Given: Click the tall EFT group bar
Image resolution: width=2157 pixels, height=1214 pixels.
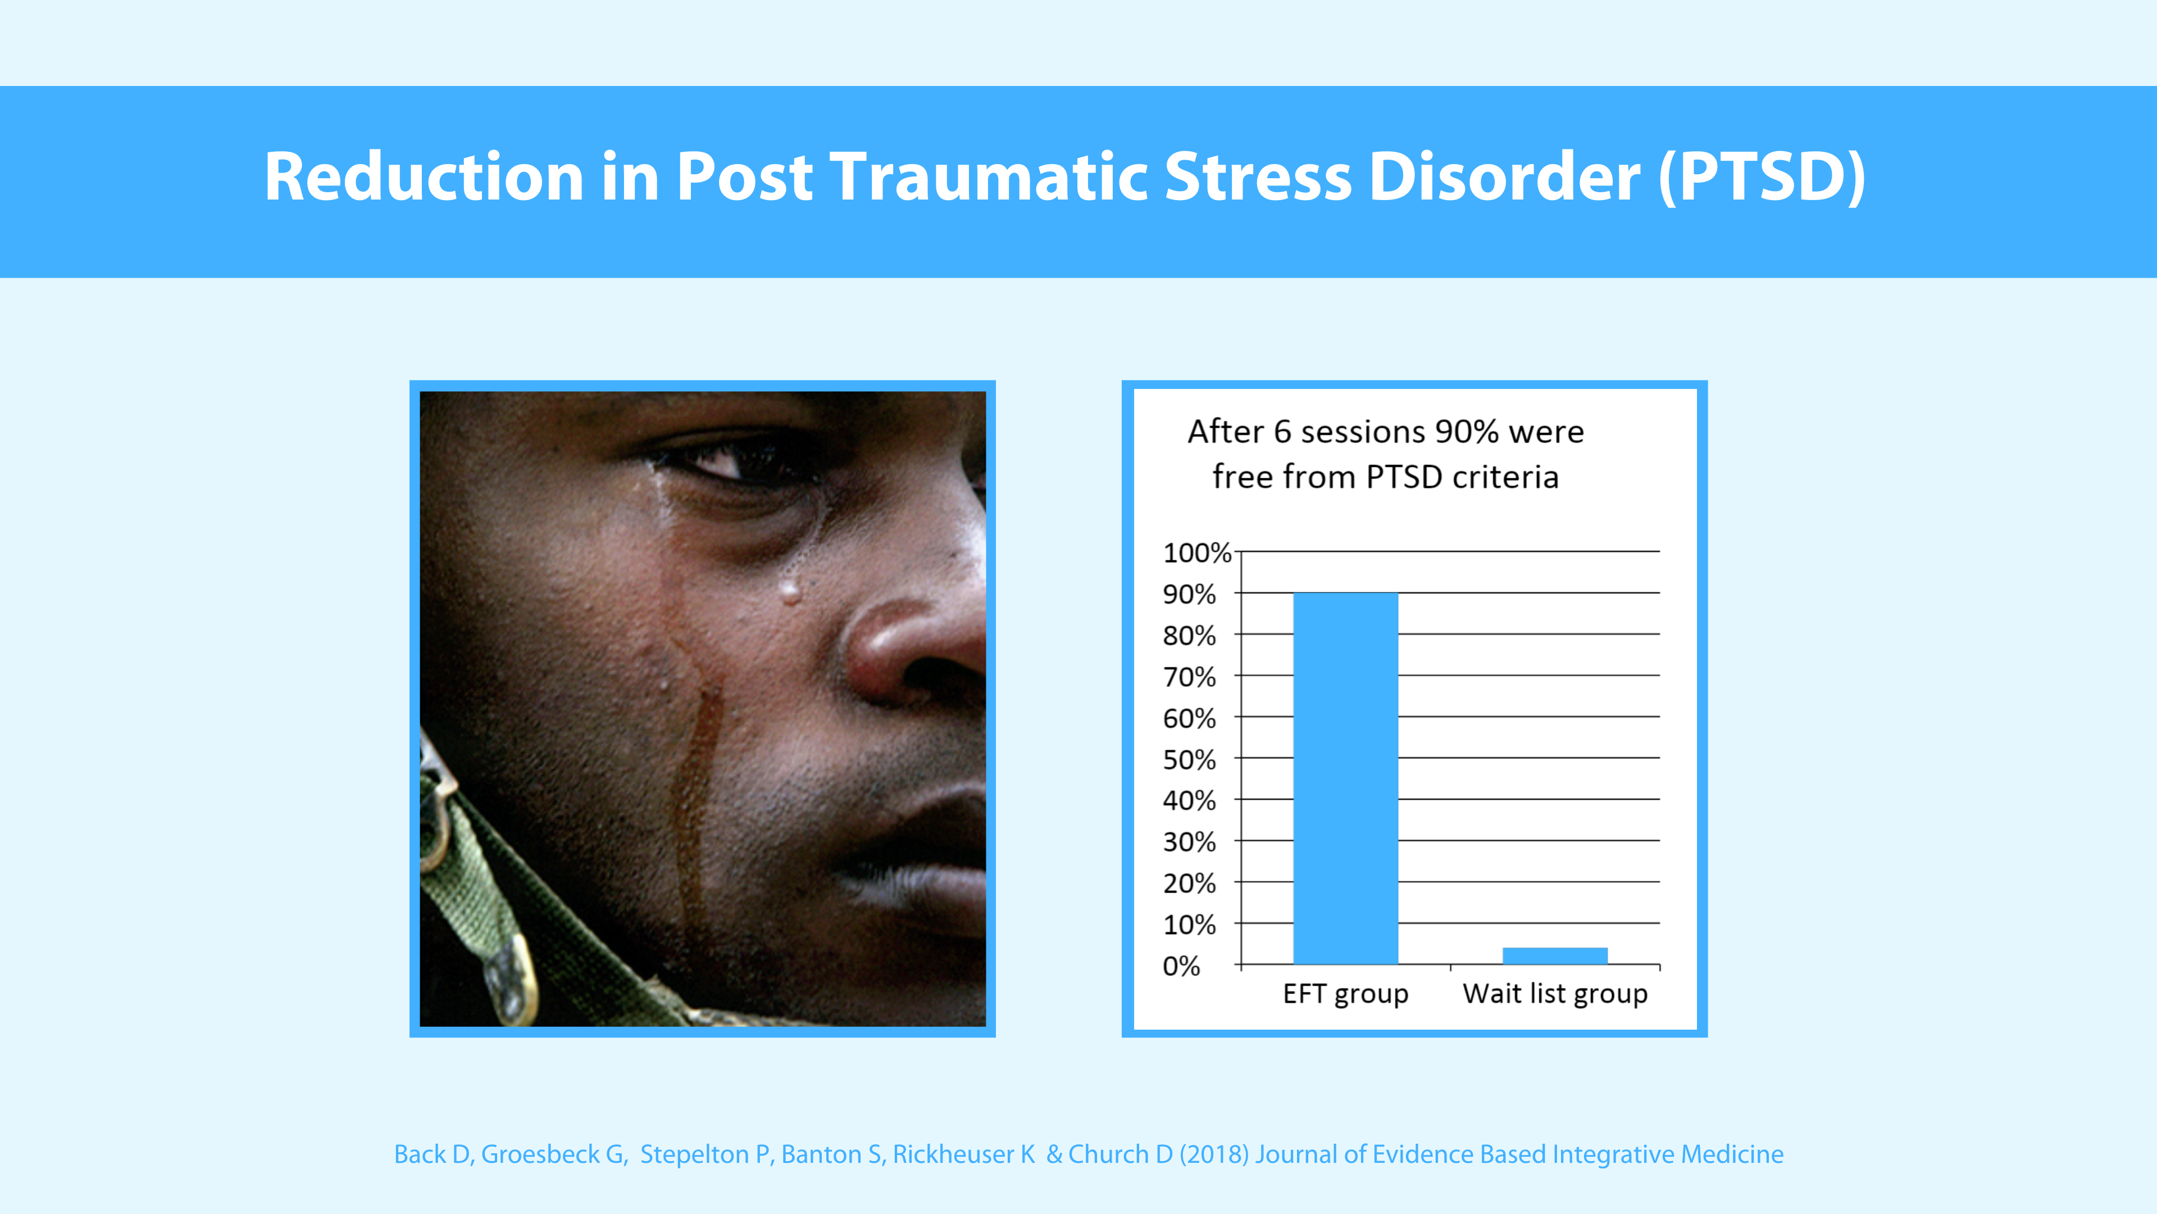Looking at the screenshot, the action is [1346, 778].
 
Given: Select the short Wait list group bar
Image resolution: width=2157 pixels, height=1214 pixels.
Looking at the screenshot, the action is [1555, 956].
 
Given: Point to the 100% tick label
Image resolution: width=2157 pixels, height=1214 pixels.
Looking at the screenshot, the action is [1196, 553].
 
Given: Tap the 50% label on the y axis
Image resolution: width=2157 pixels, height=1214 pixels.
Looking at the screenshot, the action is [1189, 760].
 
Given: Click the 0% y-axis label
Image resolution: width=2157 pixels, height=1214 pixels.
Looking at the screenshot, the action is [1181, 967].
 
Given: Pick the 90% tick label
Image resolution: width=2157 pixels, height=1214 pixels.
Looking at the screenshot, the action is [1189, 595].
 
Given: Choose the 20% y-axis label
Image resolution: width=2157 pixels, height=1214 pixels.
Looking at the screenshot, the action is [1189, 883].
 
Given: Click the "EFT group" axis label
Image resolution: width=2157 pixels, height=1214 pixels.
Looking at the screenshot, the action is [1346, 994].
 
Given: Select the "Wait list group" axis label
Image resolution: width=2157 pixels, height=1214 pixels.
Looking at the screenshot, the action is [1555, 994].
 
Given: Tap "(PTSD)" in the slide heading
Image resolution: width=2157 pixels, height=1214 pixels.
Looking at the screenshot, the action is [1763, 178].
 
